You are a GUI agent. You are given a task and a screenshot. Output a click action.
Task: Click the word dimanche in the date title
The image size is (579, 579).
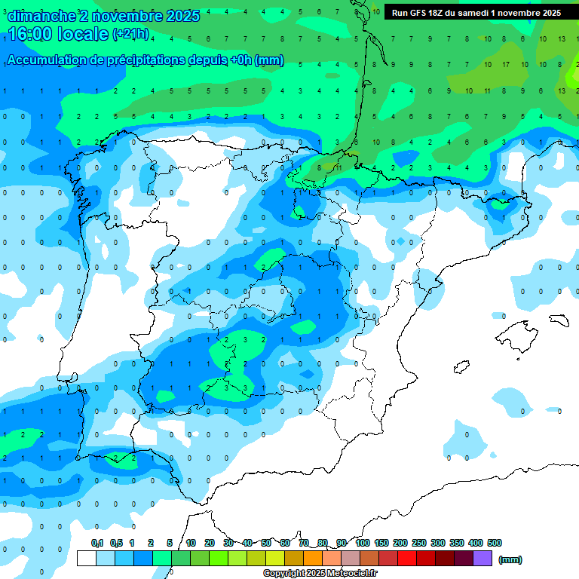[41, 16]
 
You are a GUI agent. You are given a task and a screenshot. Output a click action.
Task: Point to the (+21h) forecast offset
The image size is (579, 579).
[130, 34]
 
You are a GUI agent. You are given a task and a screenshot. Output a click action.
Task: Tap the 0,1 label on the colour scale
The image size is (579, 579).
[97, 543]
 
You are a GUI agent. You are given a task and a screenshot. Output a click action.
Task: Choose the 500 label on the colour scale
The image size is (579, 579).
[495, 543]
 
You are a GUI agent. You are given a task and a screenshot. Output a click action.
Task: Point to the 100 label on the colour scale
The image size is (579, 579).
[362, 543]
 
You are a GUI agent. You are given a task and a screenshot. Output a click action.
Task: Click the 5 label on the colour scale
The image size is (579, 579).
[170, 543]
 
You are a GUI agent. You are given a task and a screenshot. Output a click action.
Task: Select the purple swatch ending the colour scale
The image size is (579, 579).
[482, 558]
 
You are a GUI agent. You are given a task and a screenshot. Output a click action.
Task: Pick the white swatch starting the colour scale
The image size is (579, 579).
[86, 558]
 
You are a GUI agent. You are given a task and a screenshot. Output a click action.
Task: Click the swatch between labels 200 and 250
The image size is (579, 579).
[407, 558]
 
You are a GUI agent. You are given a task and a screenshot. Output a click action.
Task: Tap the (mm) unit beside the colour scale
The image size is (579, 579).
[510, 559]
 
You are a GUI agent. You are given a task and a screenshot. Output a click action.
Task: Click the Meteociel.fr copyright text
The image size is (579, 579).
[320, 574]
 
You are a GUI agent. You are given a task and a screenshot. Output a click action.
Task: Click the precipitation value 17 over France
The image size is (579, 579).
[505, 65]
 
